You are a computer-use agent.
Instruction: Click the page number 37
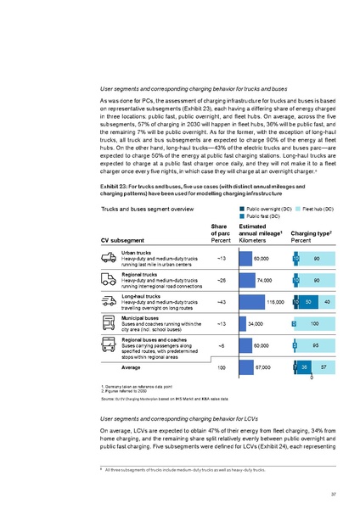(x=334, y=495)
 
